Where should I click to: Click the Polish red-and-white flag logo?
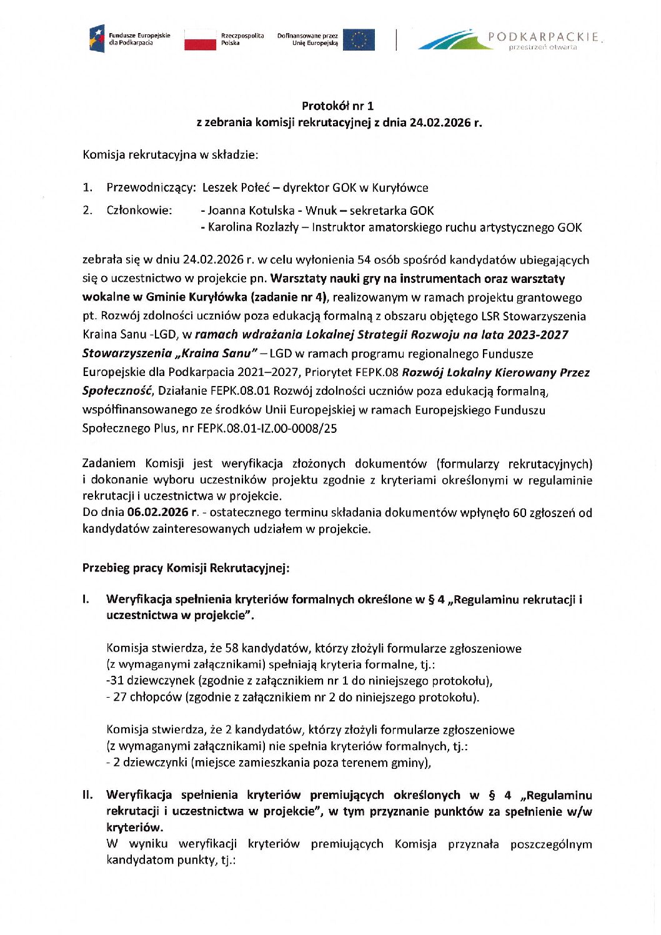(x=200, y=39)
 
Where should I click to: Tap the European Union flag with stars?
(x=359, y=39)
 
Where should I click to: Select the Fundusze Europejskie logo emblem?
(x=97, y=39)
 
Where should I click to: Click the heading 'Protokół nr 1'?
(x=338, y=106)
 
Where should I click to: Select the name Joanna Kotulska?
(x=247, y=210)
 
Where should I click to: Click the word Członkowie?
(x=139, y=210)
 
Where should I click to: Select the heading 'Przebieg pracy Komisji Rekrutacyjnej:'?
(x=186, y=568)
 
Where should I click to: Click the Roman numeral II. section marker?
(x=87, y=795)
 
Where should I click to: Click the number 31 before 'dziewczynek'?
(x=117, y=681)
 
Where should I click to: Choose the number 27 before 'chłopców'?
(x=120, y=697)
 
